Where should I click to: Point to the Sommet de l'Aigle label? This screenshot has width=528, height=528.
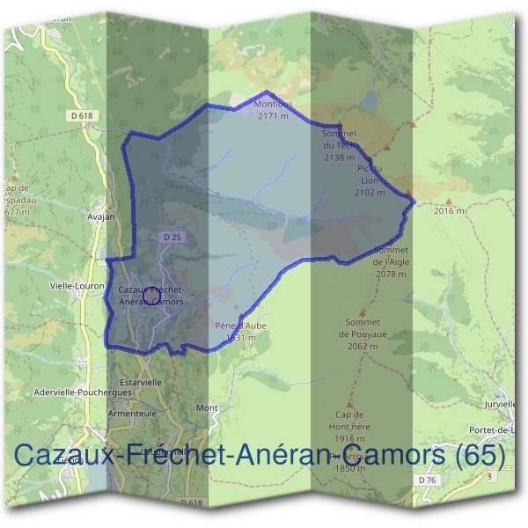click(x=390, y=261)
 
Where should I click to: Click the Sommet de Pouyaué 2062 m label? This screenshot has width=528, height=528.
click(x=363, y=334)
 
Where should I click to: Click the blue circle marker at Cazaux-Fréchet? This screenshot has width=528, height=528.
click(x=151, y=297)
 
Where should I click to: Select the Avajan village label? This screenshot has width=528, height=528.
click(x=102, y=216)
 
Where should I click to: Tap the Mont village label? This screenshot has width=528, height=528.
click(x=207, y=408)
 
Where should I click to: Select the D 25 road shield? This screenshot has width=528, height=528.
click(x=172, y=238)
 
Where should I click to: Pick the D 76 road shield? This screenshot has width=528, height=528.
click(x=428, y=480)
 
